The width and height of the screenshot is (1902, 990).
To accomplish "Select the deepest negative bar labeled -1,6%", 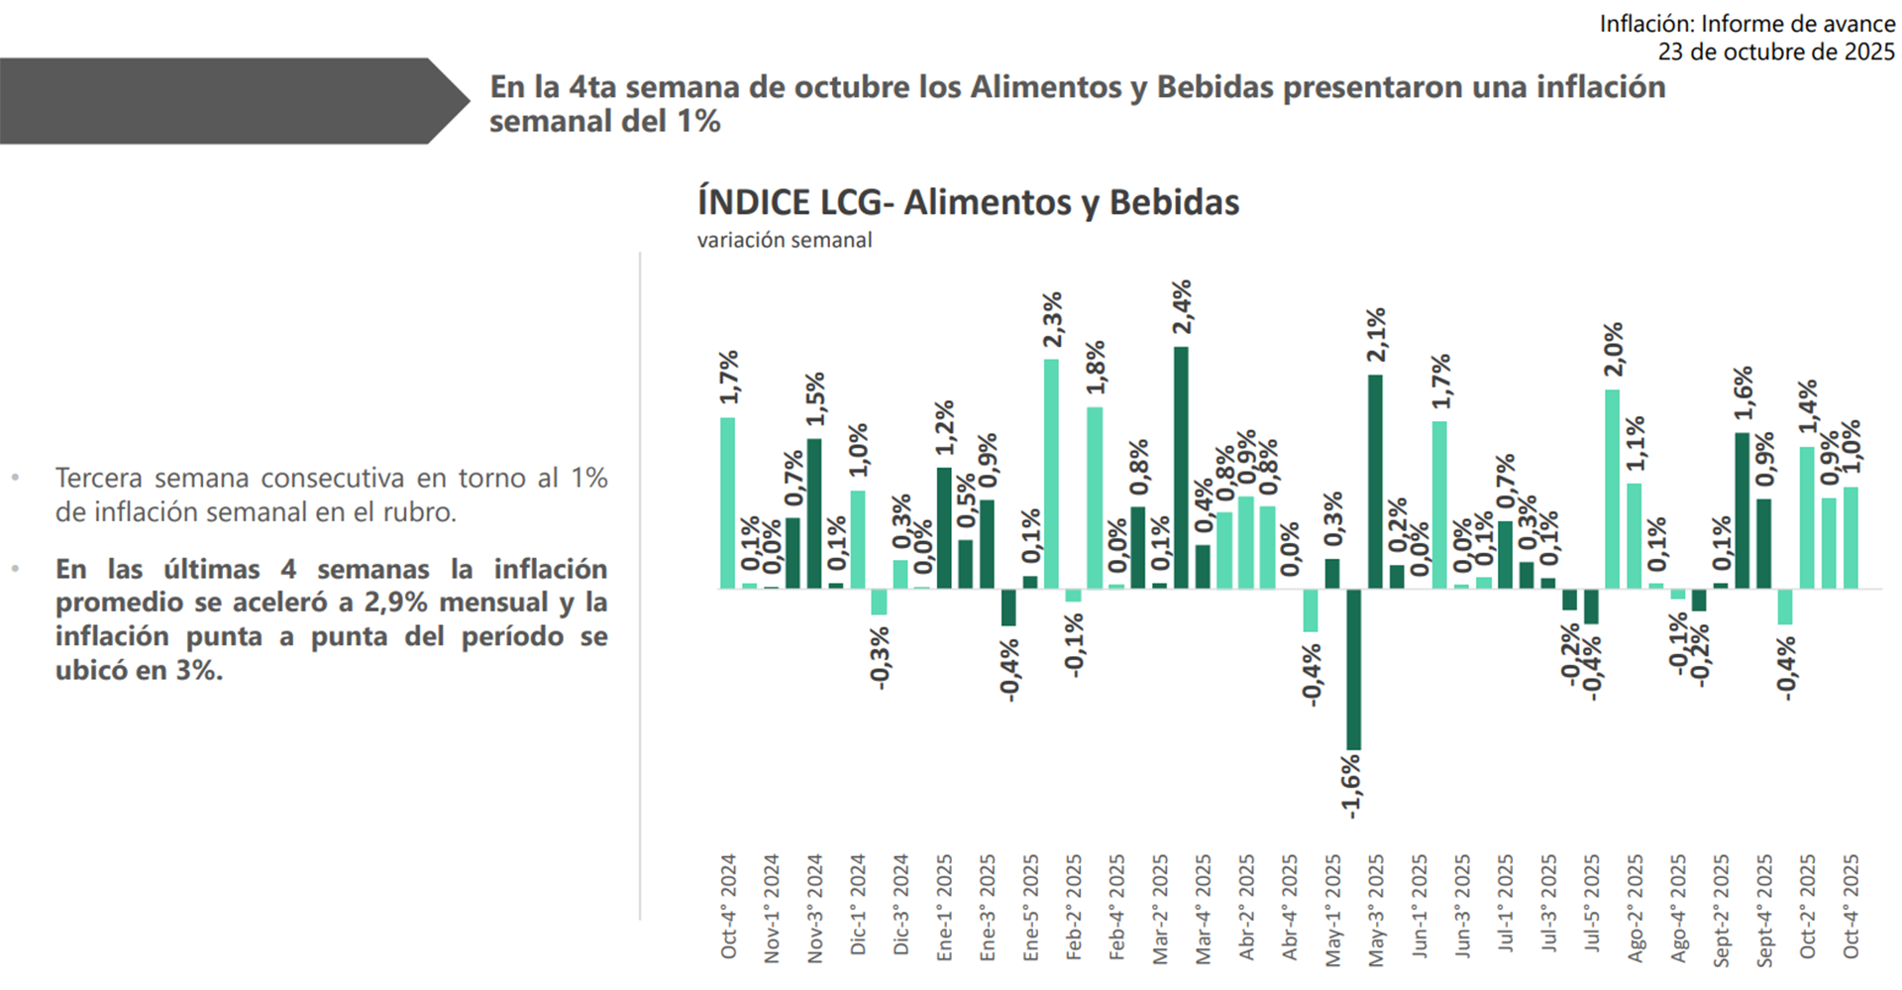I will [1353, 669].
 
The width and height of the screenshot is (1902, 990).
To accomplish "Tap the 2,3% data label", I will [1052, 319].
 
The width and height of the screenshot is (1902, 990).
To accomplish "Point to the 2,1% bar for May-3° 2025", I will [1375, 482].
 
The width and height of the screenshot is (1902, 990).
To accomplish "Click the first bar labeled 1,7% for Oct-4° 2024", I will [727, 503].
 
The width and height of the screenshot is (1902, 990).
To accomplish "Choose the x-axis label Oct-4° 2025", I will [1850, 906].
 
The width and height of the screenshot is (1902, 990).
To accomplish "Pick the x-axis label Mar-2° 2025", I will [1160, 908].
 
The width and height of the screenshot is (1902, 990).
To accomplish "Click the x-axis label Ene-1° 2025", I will [944, 908].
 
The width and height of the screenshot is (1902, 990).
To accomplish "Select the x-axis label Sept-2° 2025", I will [1721, 910].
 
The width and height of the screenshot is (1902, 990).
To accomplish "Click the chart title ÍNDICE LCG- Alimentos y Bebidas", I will [968, 202].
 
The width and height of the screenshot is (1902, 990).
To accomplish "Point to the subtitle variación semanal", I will [784, 240].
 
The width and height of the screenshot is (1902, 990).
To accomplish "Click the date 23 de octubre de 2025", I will [1775, 52].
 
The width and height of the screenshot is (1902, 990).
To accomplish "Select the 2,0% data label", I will [1614, 349].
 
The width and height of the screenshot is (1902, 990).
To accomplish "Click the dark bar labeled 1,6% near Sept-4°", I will [1742, 510].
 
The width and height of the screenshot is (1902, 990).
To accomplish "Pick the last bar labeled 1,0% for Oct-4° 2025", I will [1850, 538].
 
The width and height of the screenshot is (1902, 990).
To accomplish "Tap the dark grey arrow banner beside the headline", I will [228, 101].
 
